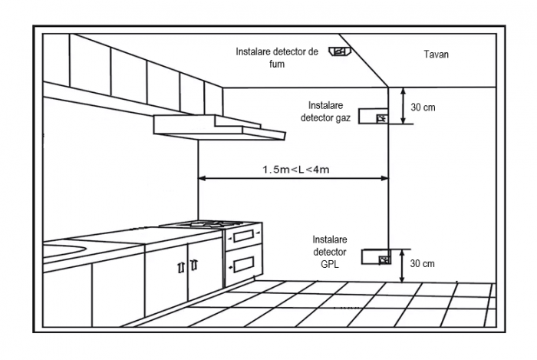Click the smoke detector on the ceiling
[338, 52]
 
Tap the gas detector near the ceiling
[381, 117]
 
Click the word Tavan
[437, 54]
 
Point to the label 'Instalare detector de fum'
[276, 58]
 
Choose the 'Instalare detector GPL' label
[329, 251]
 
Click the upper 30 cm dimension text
[423, 107]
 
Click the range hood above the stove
[219, 126]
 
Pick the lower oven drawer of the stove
[243, 263]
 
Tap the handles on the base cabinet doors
[187, 266]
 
